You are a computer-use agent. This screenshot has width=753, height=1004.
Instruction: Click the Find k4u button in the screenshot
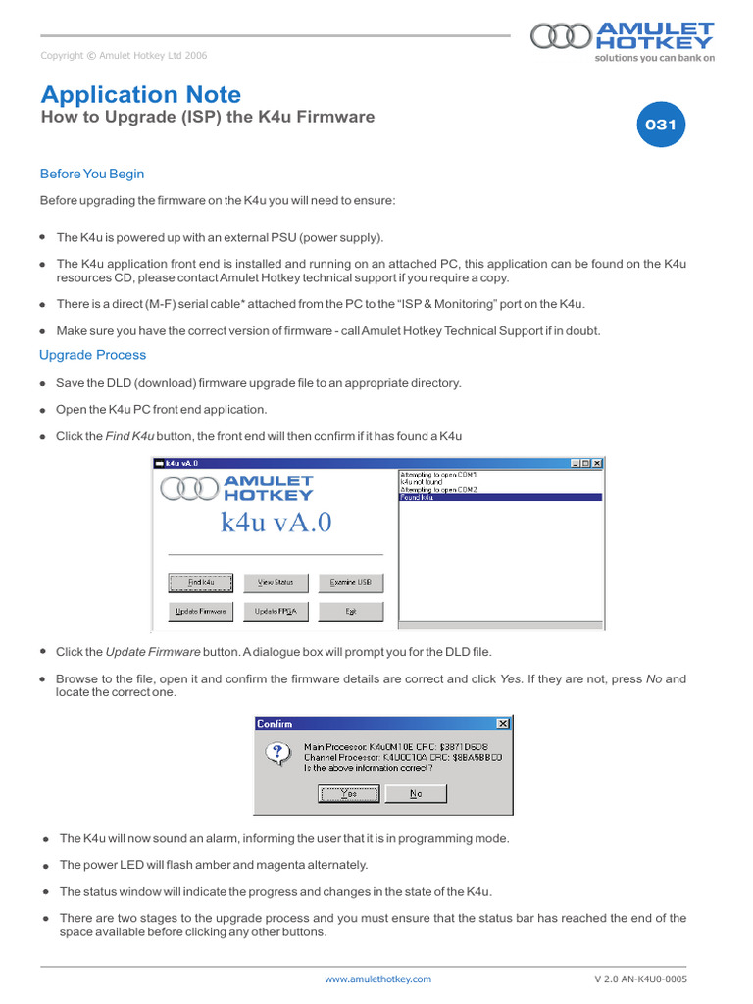(x=201, y=582)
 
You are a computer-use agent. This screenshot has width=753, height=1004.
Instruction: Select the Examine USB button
(x=350, y=582)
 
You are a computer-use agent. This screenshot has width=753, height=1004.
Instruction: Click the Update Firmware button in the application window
(x=201, y=611)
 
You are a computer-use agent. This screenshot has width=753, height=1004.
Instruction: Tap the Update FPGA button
(x=276, y=611)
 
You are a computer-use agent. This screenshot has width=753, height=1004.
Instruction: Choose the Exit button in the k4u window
(x=350, y=611)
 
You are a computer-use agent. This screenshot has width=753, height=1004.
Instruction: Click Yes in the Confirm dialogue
(x=349, y=794)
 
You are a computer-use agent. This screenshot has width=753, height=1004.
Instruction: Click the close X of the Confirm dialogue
(x=503, y=724)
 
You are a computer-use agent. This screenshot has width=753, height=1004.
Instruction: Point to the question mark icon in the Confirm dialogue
(x=277, y=753)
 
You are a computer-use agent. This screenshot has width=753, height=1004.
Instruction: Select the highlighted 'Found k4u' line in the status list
(x=500, y=498)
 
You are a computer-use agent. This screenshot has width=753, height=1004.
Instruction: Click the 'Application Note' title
(x=140, y=94)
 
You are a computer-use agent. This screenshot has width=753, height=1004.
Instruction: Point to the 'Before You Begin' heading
(x=92, y=174)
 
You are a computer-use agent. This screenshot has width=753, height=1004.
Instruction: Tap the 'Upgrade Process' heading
(x=92, y=355)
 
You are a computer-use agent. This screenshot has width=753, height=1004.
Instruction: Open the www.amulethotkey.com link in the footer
(x=377, y=979)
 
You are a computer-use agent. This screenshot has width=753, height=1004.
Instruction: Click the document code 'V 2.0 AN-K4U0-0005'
(x=640, y=979)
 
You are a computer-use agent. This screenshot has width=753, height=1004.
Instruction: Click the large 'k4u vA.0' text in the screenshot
(x=276, y=523)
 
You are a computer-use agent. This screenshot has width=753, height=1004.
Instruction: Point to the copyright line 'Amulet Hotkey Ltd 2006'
(x=124, y=56)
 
